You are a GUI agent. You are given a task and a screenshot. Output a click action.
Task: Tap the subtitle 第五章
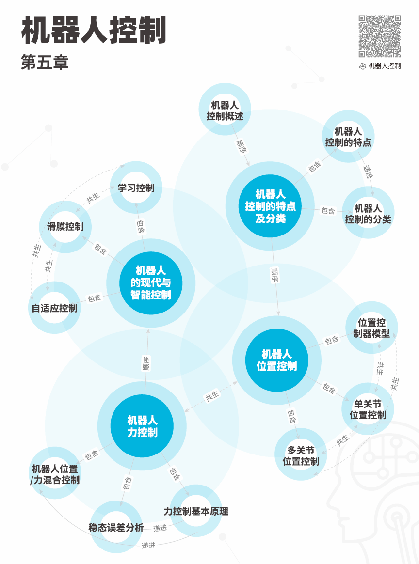(x=45, y=63)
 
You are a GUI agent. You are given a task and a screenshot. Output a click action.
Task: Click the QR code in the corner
(x=380, y=36)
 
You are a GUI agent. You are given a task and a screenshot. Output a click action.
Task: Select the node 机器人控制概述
(x=225, y=110)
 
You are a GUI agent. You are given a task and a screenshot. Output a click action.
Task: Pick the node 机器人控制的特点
(x=348, y=137)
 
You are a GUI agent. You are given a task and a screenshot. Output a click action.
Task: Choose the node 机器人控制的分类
(x=368, y=214)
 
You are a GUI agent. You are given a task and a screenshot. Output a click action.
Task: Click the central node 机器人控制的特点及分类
(x=271, y=206)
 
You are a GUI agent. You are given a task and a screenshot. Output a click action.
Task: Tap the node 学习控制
(x=136, y=188)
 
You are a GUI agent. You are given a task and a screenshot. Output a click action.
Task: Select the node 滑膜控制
(x=65, y=226)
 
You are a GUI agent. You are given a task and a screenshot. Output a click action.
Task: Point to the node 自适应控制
(x=54, y=308)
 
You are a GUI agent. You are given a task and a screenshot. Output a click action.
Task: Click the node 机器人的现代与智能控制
(x=151, y=282)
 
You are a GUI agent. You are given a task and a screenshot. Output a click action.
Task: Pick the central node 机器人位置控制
(x=277, y=360)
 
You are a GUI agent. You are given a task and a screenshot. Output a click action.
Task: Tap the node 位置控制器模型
(x=372, y=328)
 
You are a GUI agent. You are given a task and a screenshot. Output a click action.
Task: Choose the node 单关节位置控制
(x=368, y=409)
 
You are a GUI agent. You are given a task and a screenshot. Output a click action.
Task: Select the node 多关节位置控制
(x=301, y=455)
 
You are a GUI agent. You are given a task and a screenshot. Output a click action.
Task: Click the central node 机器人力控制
(x=143, y=426)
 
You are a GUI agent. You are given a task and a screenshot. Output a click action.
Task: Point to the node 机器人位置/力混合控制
(x=54, y=474)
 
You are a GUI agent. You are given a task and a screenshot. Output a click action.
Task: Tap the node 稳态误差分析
(x=116, y=527)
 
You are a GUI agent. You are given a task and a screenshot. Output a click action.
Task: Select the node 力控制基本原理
(x=196, y=511)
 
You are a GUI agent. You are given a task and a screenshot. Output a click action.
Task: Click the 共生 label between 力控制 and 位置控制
(x=212, y=395)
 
